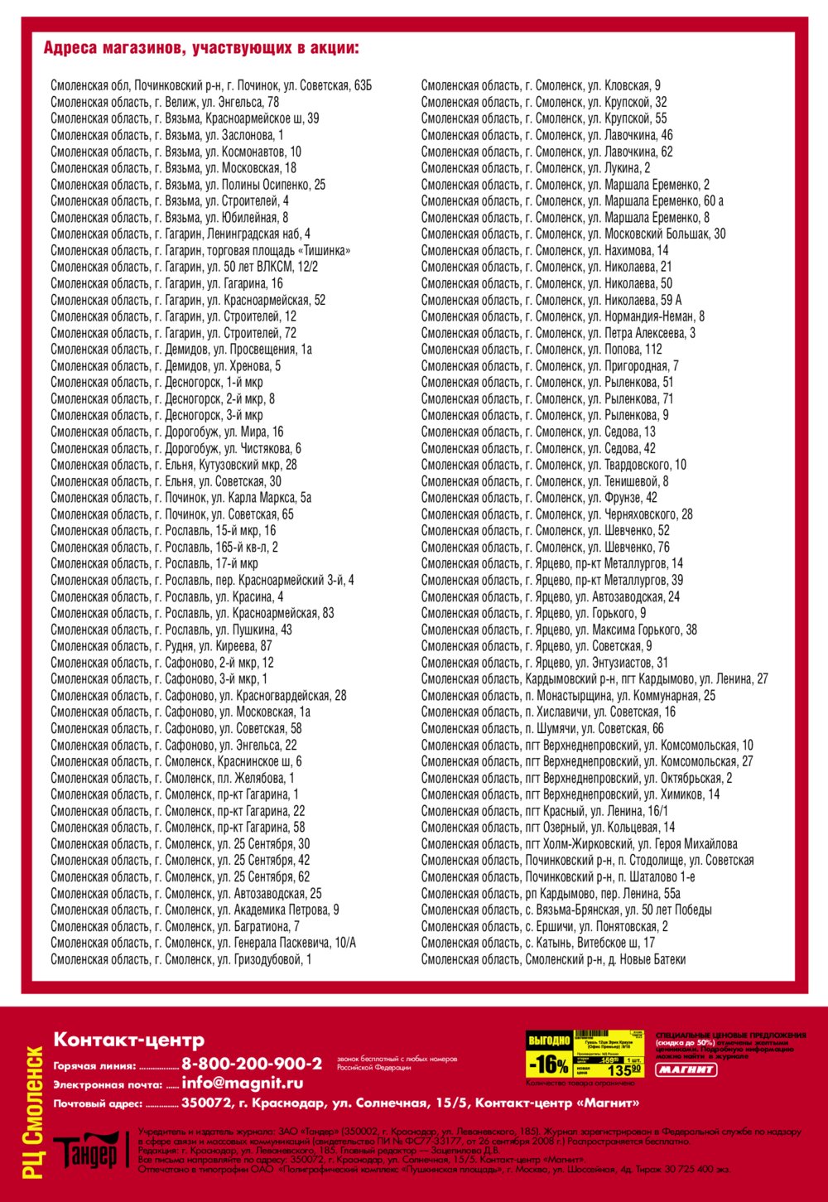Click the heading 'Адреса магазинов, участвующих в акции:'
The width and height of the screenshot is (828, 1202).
coord(201,47)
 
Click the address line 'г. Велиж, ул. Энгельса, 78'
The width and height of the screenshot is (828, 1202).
coord(165,102)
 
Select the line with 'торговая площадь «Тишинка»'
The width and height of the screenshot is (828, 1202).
coord(200,250)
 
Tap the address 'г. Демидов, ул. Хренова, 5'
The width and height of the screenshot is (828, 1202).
coord(166,365)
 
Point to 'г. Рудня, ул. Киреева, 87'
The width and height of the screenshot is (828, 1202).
coord(161,646)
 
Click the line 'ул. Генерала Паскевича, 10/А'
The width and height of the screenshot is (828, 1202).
coord(203,943)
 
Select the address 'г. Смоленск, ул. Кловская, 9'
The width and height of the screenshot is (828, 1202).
coord(541,85)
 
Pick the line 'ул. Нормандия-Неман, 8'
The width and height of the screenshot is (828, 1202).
coord(563,316)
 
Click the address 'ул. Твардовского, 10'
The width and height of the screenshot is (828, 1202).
coord(553,465)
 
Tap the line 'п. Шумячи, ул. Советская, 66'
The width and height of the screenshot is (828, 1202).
coord(542,728)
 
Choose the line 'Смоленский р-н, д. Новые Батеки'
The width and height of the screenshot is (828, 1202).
coord(553,959)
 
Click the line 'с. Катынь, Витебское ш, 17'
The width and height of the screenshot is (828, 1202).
coord(537,943)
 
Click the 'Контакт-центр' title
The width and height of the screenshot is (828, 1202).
coord(128,1040)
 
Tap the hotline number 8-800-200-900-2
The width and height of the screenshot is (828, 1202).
coord(252,1064)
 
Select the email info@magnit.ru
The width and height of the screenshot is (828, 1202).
coord(242,1083)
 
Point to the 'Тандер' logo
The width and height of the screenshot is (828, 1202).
coord(86,1151)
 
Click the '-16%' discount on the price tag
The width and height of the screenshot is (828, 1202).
coord(549,1064)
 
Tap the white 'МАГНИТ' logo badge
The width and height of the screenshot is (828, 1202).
coord(686,1069)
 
